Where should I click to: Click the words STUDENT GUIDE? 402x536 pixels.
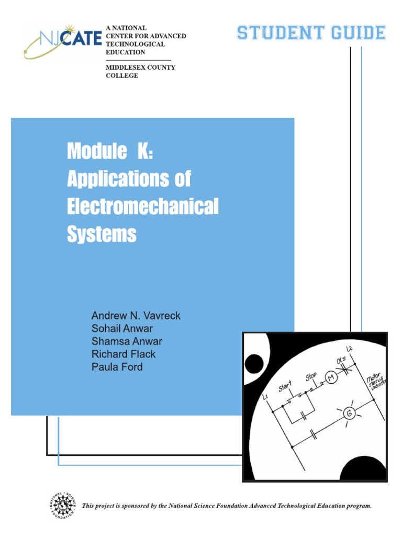click(311, 33)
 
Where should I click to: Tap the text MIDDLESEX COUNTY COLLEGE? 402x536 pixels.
click(140, 71)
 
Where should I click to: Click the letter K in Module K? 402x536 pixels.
click(143, 152)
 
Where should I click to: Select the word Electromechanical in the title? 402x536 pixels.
click(142, 207)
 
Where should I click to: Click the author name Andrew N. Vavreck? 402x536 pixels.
click(136, 316)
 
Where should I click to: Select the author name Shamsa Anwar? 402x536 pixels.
click(127, 341)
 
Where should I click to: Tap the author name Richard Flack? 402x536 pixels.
click(123, 354)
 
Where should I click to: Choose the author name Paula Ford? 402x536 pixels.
click(117, 366)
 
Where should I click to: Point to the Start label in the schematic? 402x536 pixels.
click(286, 388)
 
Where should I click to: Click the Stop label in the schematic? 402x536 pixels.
click(311, 377)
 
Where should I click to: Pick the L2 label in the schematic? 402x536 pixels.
click(350, 349)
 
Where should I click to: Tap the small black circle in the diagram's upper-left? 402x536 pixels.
click(254, 363)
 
